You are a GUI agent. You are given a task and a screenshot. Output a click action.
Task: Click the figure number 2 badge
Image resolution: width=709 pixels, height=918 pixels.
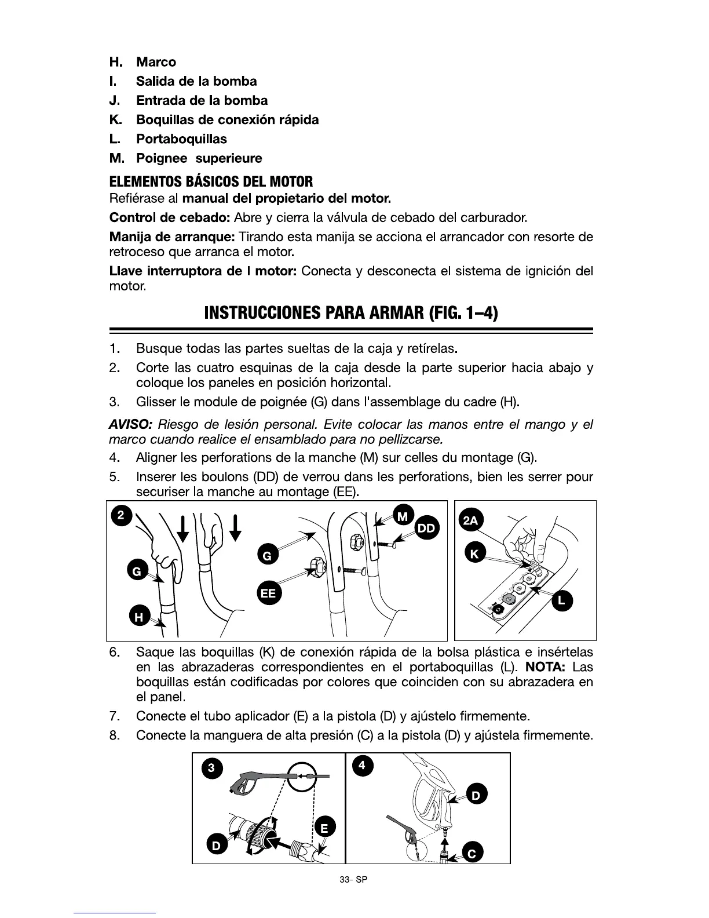click(120, 515)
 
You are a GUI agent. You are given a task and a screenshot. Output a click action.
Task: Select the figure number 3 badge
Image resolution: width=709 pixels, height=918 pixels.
click(212, 768)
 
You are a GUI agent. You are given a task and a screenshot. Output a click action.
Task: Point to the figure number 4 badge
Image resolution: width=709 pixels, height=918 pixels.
click(362, 766)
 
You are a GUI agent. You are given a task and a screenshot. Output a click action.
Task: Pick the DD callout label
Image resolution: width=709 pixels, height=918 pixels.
click(427, 528)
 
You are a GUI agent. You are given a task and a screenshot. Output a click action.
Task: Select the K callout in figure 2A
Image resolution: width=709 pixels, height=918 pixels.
click(475, 554)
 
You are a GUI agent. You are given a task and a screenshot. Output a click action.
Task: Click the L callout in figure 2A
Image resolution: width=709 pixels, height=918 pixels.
click(561, 602)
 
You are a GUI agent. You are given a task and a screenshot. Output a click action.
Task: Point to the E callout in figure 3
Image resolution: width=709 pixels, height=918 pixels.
click(325, 828)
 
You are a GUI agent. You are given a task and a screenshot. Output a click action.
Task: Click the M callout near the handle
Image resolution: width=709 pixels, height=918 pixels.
click(404, 515)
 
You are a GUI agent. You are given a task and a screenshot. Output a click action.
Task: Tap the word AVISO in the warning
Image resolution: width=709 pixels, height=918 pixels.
click(130, 425)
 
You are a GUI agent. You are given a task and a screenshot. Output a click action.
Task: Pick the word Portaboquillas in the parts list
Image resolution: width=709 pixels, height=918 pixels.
click(181, 139)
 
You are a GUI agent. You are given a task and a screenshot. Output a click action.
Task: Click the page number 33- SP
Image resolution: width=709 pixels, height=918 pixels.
click(354, 879)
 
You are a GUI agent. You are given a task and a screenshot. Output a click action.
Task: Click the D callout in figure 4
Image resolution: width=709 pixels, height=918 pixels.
click(476, 796)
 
